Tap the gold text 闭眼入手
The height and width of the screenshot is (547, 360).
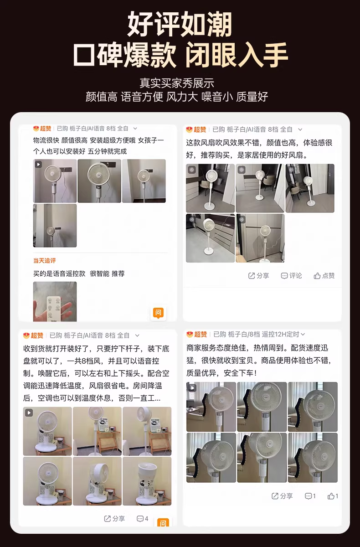(x=237, y=55)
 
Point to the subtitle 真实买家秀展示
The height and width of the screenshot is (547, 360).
(x=177, y=83)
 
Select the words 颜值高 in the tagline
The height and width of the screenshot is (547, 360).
(x=101, y=97)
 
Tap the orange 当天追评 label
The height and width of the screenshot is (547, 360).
(x=44, y=261)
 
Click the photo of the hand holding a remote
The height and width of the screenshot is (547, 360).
(x=55, y=301)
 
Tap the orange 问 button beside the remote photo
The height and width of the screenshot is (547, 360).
(x=158, y=313)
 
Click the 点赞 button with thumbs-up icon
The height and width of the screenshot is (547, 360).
(x=324, y=276)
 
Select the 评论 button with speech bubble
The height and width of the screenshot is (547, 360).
(x=291, y=276)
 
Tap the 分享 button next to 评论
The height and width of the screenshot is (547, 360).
(x=258, y=276)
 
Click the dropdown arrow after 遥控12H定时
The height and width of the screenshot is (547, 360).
(x=303, y=334)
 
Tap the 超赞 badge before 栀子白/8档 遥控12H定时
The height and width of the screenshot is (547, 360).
(x=197, y=334)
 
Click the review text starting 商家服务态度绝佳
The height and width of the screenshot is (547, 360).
(x=259, y=361)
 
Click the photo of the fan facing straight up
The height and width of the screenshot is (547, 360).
(x=147, y=481)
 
